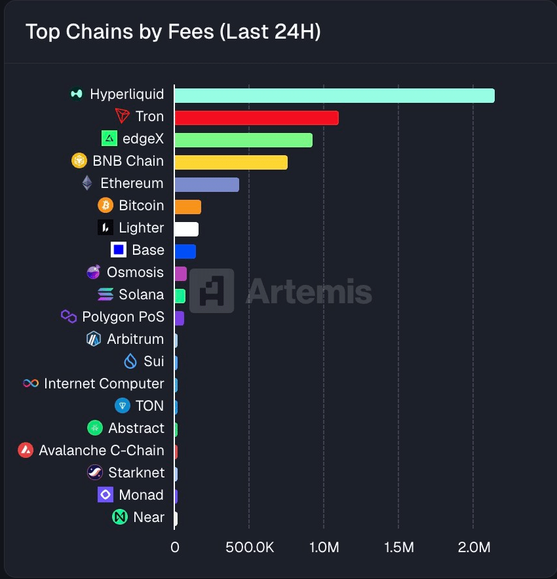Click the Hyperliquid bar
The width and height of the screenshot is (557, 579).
(x=334, y=95)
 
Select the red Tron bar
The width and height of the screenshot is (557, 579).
(x=256, y=117)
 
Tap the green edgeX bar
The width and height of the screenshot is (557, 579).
(x=243, y=140)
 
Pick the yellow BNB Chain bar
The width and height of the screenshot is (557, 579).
(x=231, y=162)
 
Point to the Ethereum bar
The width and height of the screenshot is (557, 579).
(x=206, y=184)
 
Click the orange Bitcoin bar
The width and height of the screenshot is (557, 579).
(x=187, y=206)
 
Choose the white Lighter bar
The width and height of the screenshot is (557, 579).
(x=186, y=229)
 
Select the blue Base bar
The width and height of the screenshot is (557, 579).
(x=185, y=251)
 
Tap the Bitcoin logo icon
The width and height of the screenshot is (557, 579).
(x=106, y=206)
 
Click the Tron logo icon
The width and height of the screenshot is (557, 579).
(x=123, y=117)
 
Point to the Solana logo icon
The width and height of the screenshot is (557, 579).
(x=106, y=295)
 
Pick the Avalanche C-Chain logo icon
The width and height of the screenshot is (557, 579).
(x=26, y=451)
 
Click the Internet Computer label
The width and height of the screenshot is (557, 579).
(x=104, y=384)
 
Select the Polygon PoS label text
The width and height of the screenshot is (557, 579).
(x=123, y=317)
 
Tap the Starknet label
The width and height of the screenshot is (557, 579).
(x=136, y=473)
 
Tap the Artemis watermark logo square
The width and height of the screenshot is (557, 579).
(x=216, y=290)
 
